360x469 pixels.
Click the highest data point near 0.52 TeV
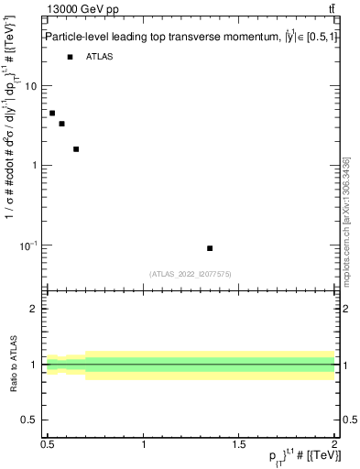(x=52, y=113)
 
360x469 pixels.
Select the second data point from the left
(x=61, y=124)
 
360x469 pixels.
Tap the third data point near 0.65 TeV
(x=76, y=148)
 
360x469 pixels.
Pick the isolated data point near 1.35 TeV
(x=210, y=248)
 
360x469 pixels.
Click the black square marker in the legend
(x=70, y=57)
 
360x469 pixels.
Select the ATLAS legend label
(x=100, y=57)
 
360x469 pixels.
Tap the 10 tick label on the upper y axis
(x=30, y=86)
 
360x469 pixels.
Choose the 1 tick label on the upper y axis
(x=34, y=166)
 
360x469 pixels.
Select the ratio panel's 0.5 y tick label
(x=28, y=420)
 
